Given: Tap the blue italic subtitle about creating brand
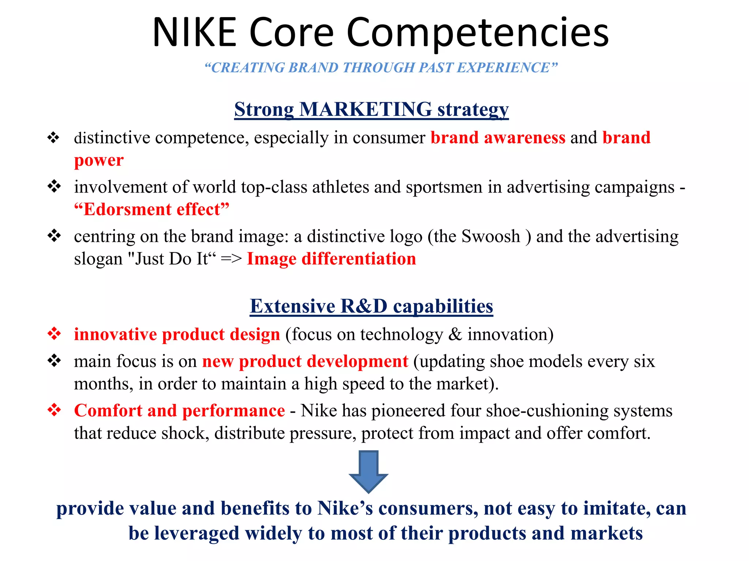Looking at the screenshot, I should [x=381, y=68].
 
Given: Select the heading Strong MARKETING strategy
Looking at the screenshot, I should [x=371, y=109].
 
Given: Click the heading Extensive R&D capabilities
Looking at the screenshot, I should [x=371, y=306].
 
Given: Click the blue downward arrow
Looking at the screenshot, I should [x=368, y=472].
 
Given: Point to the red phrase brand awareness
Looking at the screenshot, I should [x=498, y=138].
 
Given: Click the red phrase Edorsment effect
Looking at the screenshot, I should [x=151, y=209].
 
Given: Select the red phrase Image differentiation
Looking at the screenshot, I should [x=331, y=259].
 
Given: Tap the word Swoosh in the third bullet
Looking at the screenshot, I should [x=490, y=236].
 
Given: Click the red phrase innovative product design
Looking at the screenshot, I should [x=177, y=334].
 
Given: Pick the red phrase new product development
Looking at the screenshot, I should [x=305, y=361].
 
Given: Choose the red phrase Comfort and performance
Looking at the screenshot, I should [x=179, y=410].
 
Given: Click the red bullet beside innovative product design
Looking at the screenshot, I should [x=54, y=333].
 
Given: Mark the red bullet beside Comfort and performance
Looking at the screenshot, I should [x=54, y=409].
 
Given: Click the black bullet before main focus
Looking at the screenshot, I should [x=54, y=360].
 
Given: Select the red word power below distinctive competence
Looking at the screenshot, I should [x=99, y=160].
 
